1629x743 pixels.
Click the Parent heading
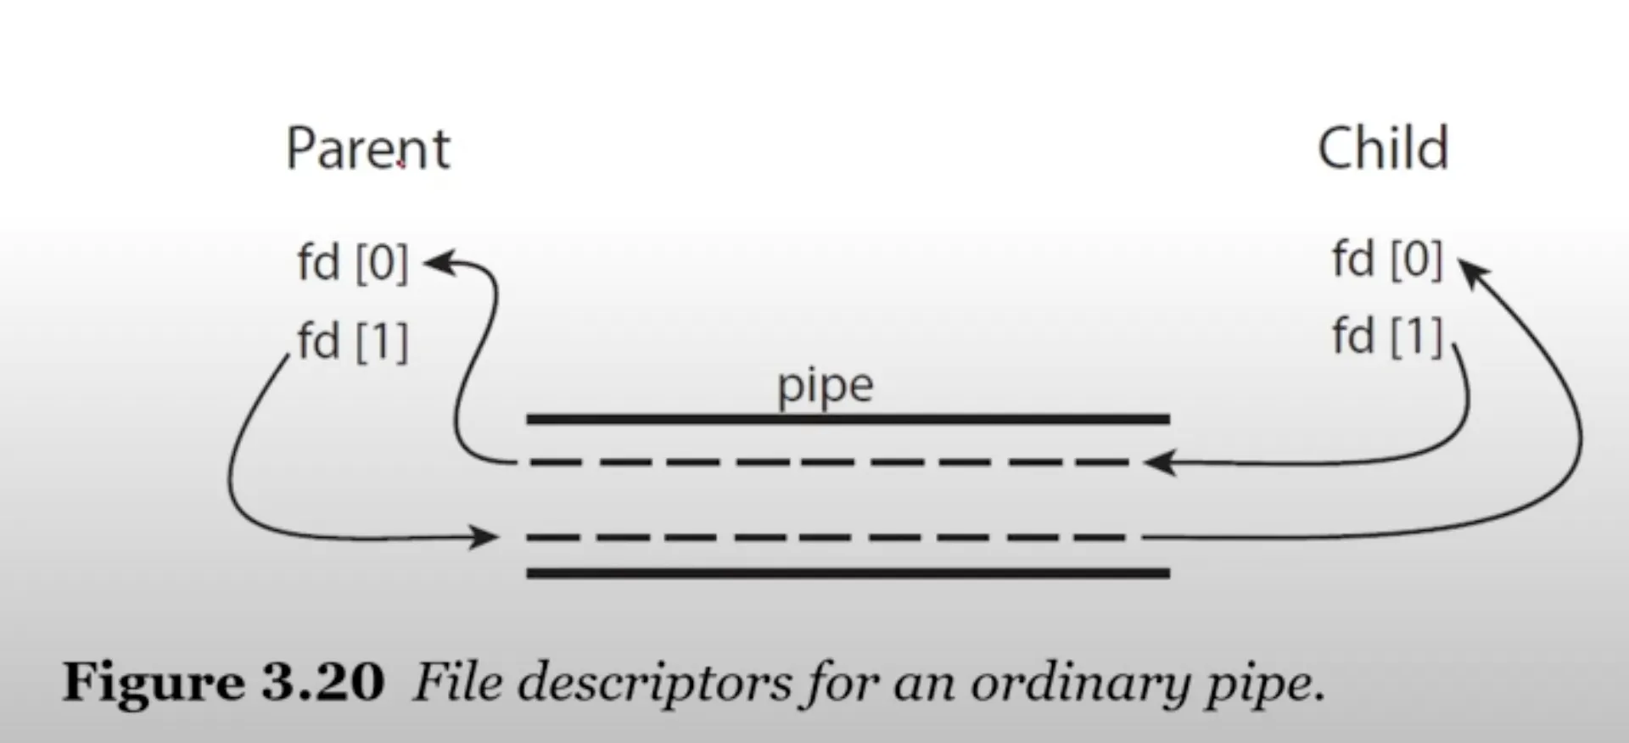[367, 149]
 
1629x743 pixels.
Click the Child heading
[1382, 149]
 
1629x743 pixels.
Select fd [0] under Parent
[352, 262]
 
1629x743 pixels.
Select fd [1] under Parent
[352, 341]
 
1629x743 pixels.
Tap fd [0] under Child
[1386, 259]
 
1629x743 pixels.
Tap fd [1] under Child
[1386, 336]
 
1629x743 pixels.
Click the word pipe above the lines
[825, 387]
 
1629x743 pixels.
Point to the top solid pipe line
[848, 419]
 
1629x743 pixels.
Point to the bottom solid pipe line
[848, 573]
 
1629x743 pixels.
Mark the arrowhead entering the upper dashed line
[1157, 463]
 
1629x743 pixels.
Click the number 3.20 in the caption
[322, 683]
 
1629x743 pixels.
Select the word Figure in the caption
[154, 683]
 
